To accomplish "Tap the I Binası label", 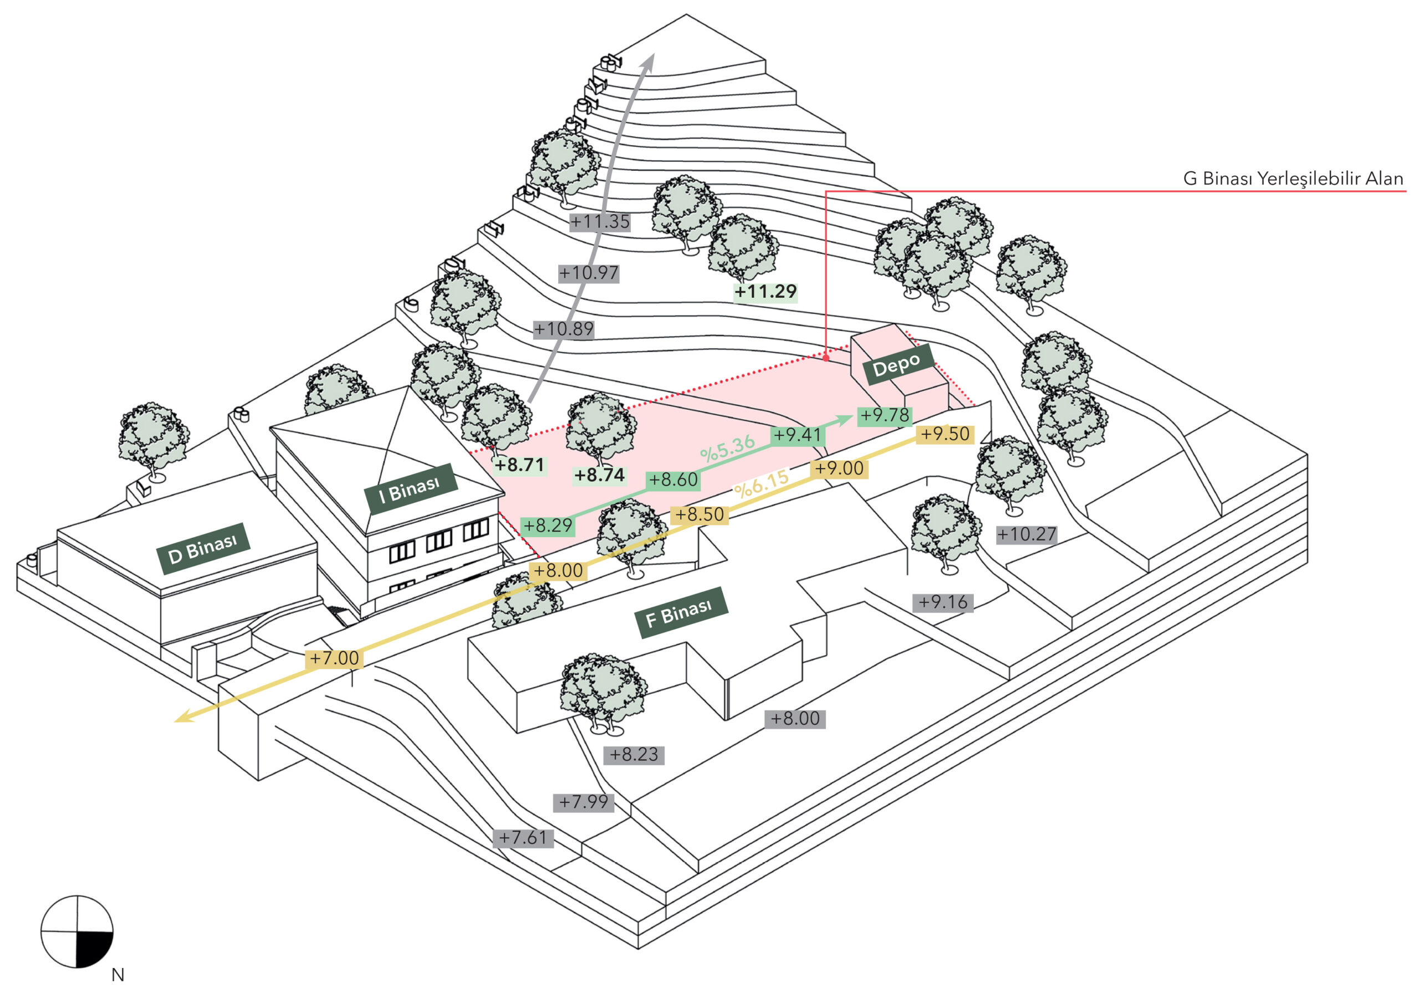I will coord(410,489).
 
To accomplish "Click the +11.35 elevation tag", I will coord(600,222).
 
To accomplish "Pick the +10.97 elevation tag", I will coord(588,273).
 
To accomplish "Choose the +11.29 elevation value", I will coord(765,292).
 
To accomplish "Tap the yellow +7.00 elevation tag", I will coord(334,658).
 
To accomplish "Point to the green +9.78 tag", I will coord(885,415).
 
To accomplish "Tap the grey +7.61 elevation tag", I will coord(523,838).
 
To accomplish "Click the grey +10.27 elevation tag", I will coord(1027,534).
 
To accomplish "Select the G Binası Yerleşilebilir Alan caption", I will coord(1293,179).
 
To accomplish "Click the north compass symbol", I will coord(77,932).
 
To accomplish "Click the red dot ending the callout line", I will coord(826,358).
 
